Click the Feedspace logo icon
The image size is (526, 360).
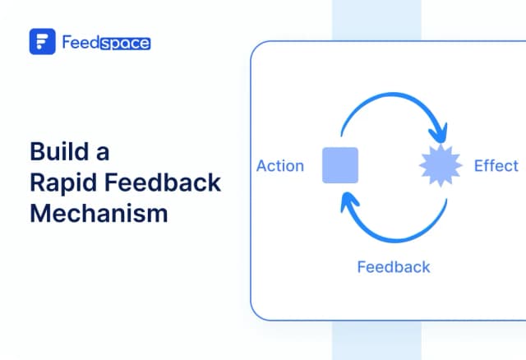(43, 42)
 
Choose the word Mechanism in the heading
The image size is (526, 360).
(99, 213)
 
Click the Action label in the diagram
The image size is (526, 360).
(280, 166)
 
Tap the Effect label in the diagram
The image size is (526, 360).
(496, 166)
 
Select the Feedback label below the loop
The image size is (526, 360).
(393, 266)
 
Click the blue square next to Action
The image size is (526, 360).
(339, 165)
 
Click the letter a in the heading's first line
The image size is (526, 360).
(101, 153)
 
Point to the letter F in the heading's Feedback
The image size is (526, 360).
(112, 182)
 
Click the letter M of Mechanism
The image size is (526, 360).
(40, 213)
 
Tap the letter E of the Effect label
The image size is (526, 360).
(479, 166)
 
